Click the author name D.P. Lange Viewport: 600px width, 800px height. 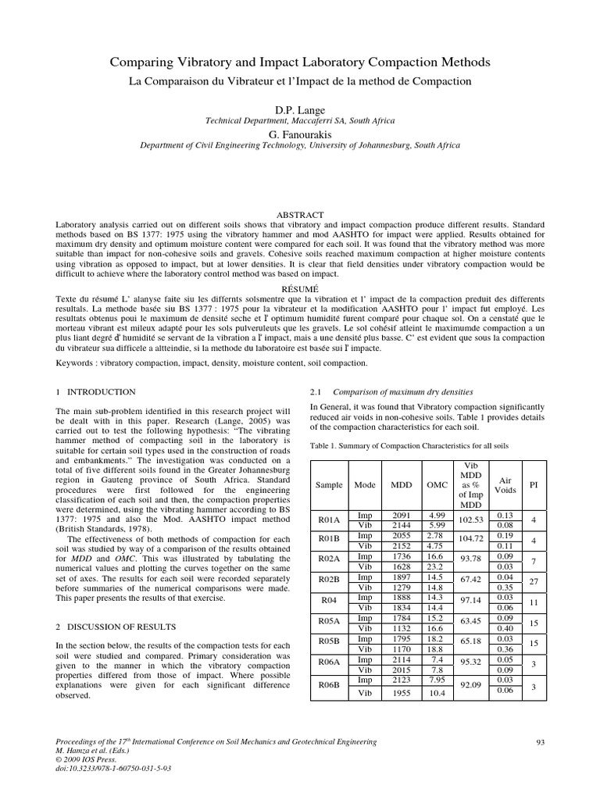(x=299, y=109)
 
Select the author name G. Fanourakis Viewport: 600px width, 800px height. (x=299, y=134)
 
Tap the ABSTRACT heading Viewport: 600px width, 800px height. (x=299, y=214)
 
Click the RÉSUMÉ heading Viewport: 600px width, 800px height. (x=299, y=287)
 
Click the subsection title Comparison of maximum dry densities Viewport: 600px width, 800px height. (x=403, y=391)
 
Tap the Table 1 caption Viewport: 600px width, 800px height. (x=409, y=445)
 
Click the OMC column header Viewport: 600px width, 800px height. (x=437, y=484)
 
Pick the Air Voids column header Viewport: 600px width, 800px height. (x=505, y=484)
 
